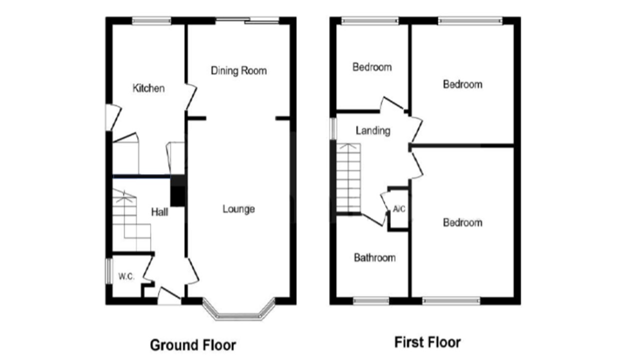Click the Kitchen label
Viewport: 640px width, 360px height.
[x=148, y=88]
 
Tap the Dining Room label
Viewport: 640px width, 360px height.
[x=239, y=70]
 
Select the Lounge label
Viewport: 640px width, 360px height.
[x=239, y=209]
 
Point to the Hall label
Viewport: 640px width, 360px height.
[x=159, y=212]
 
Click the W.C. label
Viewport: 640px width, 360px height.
[x=126, y=276]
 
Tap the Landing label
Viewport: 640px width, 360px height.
[x=373, y=131]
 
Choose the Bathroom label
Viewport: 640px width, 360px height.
[x=375, y=257]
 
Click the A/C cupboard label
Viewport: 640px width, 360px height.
[x=399, y=209]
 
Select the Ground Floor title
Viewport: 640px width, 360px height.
[x=193, y=345]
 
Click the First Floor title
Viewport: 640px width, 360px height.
[x=427, y=342]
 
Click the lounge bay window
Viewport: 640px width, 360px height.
[x=239, y=314]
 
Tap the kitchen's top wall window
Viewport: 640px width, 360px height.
[x=151, y=20]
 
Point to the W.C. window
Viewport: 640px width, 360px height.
[x=109, y=271]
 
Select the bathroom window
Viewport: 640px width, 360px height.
[x=371, y=301]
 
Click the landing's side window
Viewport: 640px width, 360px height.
[x=333, y=128]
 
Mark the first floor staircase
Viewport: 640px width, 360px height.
[x=348, y=177]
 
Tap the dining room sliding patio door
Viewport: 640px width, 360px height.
[x=247, y=20]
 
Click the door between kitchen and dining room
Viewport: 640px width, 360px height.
[x=191, y=97]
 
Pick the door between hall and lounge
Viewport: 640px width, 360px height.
[x=192, y=271]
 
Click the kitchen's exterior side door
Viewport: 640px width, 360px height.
[x=113, y=117]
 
